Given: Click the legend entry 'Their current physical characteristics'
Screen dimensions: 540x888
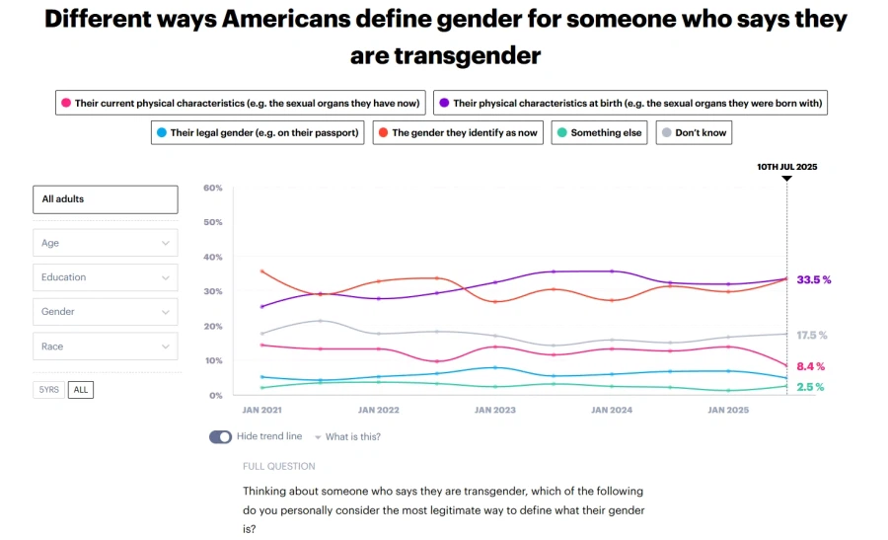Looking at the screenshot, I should click(241, 103).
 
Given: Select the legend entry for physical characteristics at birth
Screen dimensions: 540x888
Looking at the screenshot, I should click(630, 103).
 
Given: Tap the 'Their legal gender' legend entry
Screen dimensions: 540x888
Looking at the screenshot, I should click(259, 132).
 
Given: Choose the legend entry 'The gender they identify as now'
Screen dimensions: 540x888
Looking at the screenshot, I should click(458, 132).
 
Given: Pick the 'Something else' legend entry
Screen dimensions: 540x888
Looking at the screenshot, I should click(599, 132).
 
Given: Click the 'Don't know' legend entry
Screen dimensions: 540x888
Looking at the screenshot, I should click(694, 132).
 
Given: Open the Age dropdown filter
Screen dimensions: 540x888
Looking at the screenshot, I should click(106, 243).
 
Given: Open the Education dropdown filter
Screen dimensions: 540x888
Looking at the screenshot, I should click(106, 277).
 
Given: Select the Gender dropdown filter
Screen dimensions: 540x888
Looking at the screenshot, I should click(106, 312).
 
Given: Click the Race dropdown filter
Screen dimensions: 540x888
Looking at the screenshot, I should click(106, 347).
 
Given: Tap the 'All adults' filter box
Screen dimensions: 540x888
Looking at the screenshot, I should click(106, 199).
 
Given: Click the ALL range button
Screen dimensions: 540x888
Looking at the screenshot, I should click(81, 390).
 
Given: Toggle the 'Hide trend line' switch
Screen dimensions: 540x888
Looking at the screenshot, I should click(220, 436).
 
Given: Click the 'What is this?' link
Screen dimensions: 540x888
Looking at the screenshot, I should click(352, 436).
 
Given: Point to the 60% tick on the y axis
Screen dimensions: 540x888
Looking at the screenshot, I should click(213, 188).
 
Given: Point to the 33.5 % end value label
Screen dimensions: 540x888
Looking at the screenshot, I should click(814, 280).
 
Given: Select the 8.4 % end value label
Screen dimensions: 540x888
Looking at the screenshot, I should click(811, 366).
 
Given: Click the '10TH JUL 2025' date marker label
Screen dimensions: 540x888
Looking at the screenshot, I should click(786, 167).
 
